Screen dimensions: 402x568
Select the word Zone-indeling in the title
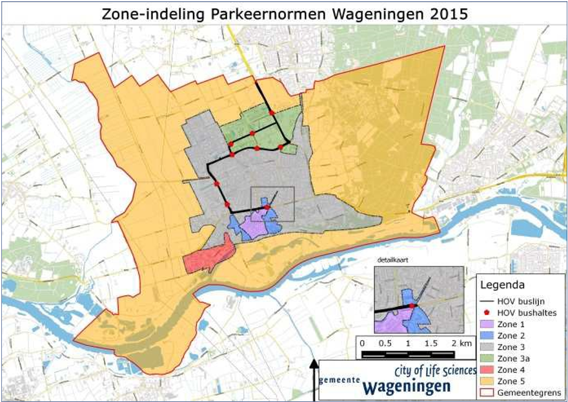pos(143,13)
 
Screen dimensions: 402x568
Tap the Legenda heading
pos(503,284)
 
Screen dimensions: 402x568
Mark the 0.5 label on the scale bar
pos(385,343)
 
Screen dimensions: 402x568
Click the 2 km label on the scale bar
pos(460,343)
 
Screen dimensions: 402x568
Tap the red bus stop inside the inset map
pos(412,306)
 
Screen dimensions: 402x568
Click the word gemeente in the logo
pos(340,380)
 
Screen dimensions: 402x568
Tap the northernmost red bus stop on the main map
pos(272,113)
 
